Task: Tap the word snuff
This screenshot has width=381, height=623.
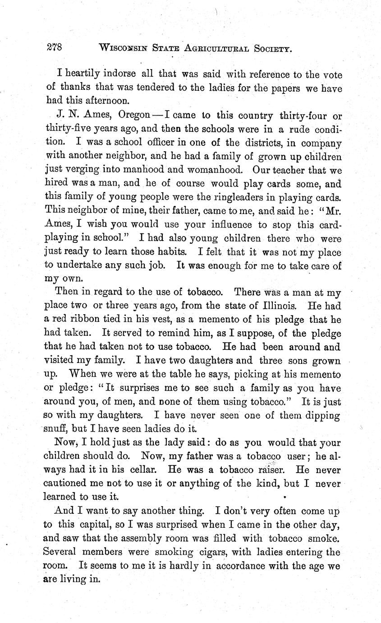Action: coord(58,429)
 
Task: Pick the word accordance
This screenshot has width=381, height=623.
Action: coord(246,565)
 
